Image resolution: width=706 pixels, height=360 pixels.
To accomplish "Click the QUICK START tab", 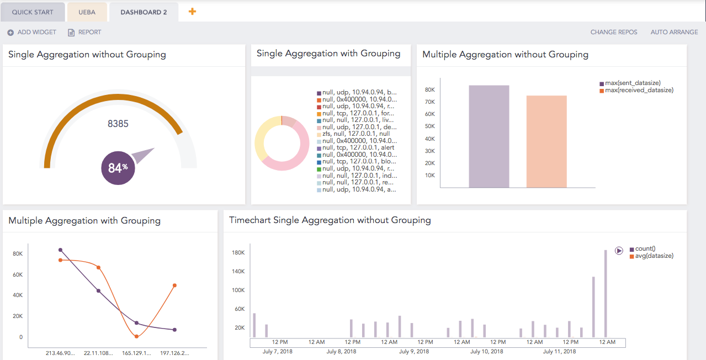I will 33,12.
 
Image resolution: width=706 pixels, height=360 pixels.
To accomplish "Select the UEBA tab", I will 87,12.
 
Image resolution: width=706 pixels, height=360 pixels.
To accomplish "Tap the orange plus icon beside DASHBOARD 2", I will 192,12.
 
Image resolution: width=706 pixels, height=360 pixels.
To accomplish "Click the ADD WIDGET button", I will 32,32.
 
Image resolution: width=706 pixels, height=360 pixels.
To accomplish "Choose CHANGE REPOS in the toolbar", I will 614,32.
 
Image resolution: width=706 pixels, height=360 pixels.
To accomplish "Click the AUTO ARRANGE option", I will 674,32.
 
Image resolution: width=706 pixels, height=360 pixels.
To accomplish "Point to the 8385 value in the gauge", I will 118,124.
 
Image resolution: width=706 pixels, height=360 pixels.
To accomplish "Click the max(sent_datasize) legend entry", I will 633,83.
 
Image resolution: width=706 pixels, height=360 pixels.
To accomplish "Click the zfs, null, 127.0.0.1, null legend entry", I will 353,134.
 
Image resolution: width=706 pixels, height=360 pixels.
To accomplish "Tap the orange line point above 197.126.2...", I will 174,285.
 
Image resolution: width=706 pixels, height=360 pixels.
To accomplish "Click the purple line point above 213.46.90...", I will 61,250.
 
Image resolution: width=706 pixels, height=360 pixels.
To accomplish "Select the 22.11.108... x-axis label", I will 99,352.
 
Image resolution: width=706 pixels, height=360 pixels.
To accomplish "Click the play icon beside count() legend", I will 619,250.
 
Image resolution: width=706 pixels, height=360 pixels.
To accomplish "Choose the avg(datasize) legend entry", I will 654,256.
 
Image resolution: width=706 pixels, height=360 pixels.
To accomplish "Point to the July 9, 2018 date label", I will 414,351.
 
